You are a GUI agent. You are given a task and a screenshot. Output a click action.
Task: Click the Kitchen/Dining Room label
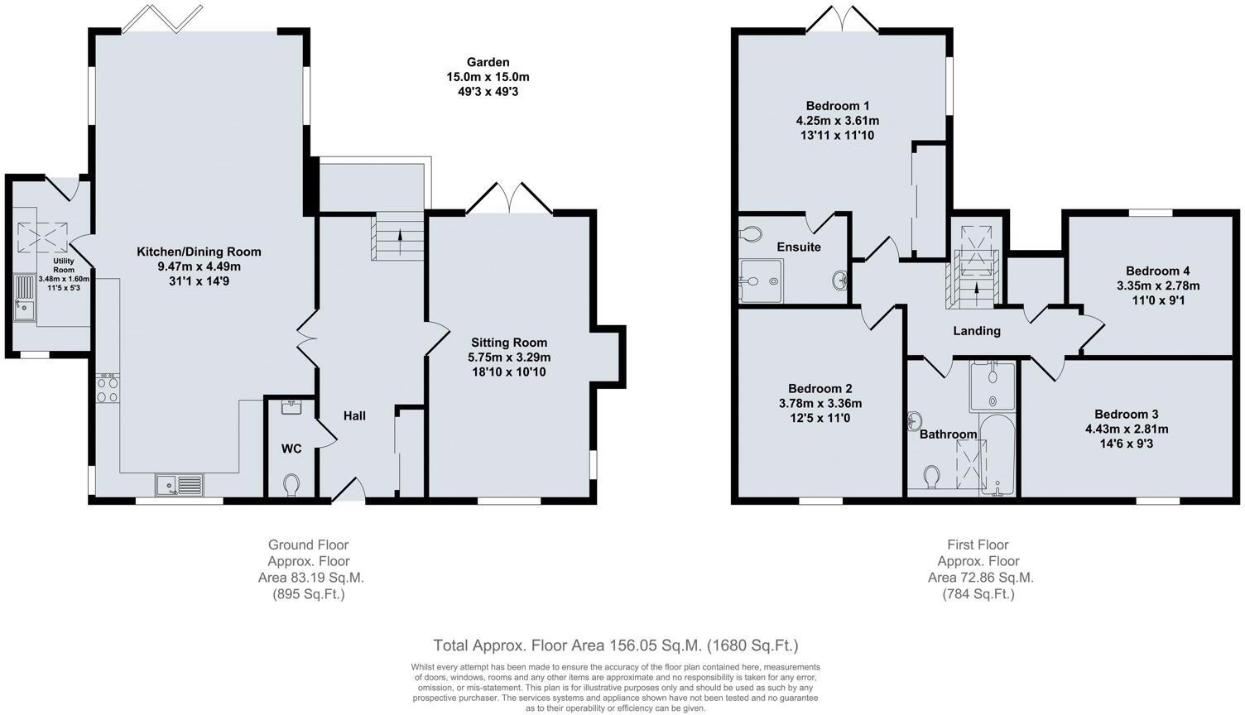click(x=199, y=252)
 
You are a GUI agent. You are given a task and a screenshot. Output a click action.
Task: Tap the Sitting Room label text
click(x=509, y=342)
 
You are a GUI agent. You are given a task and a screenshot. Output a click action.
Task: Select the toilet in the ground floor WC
click(x=291, y=484)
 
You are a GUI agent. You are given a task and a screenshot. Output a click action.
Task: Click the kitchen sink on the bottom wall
click(x=179, y=484)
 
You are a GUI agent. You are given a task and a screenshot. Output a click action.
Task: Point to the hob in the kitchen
click(x=108, y=389)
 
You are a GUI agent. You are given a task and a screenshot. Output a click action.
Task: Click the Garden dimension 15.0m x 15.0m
click(x=488, y=77)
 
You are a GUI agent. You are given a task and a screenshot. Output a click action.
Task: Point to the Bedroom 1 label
click(x=838, y=106)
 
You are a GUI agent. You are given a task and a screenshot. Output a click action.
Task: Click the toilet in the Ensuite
click(x=751, y=235)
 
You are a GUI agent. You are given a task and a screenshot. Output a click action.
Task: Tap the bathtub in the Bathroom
click(x=998, y=456)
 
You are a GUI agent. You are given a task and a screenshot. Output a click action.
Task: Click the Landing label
click(x=977, y=331)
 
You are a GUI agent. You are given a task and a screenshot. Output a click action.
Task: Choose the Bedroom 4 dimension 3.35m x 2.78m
click(x=1157, y=286)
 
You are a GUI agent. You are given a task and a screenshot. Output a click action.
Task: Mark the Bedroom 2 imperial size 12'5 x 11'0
click(x=820, y=419)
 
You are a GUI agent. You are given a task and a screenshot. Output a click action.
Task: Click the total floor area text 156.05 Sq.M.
click(x=615, y=645)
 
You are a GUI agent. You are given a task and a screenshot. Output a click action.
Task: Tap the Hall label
click(x=354, y=415)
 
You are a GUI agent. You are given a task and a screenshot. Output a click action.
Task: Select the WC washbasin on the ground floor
click(x=291, y=406)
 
